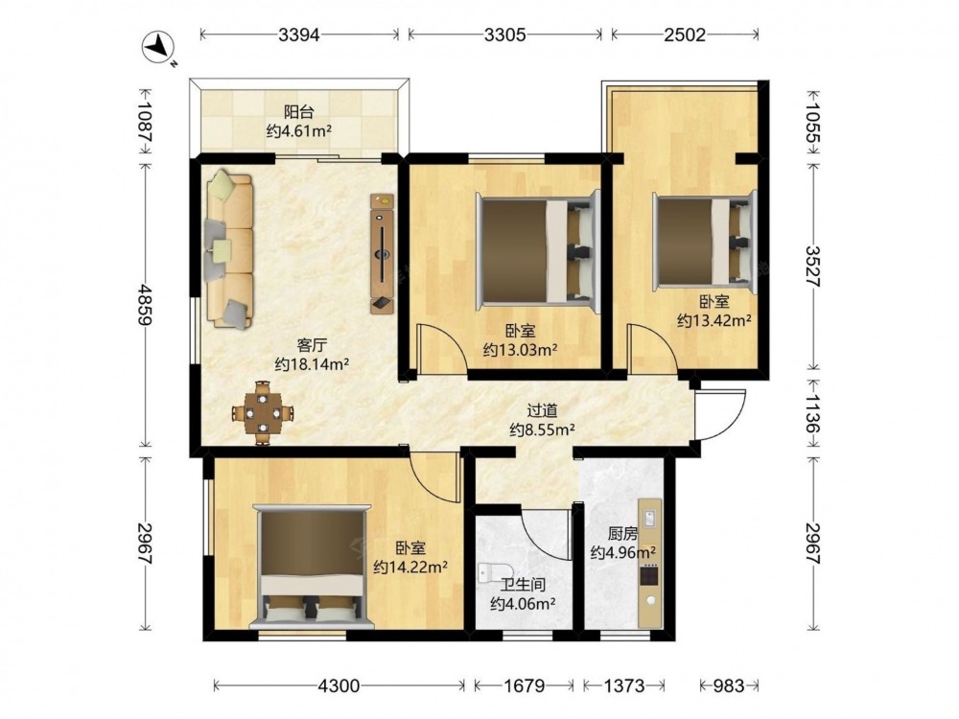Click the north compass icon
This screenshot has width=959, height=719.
(159, 47)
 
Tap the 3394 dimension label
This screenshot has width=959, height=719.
(299, 35)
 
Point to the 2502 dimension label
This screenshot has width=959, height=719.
(685, 35)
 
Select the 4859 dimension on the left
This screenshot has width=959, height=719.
(145, 304)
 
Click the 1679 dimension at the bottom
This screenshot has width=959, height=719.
(525, 686)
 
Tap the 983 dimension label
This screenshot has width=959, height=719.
(729, 686)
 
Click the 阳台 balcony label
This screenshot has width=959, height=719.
(298, 112)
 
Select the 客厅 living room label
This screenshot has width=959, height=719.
(312, 346)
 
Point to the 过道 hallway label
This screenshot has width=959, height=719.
(543, 411)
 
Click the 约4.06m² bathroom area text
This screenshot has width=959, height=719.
(523, 605)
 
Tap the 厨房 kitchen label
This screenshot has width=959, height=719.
(622, 534)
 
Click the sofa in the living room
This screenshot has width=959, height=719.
(229, 249)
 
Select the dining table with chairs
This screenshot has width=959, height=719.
(263, 413)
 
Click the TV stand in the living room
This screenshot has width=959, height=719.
(383, 254)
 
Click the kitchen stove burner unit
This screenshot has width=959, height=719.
(649, 576)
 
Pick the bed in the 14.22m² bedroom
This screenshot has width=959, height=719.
(312, 567)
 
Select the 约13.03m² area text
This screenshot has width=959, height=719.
(520, 350)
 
